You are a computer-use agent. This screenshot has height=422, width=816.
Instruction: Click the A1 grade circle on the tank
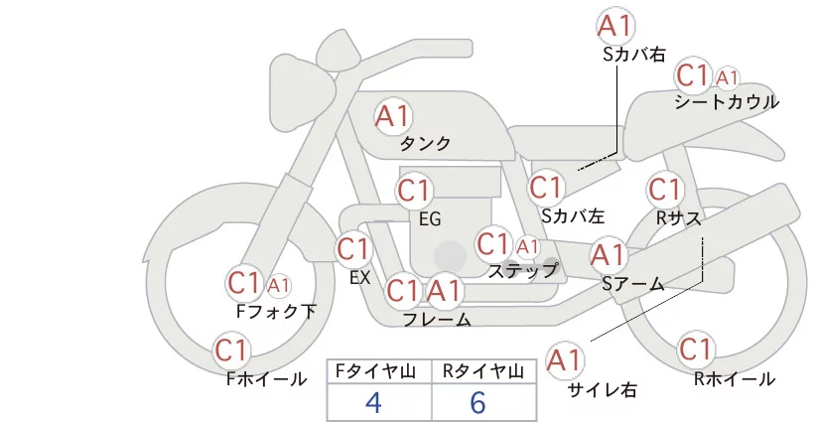pyautogui.click(x=393, y=116)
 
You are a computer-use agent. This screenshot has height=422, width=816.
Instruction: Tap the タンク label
pyautogui.click(x=425, y=144)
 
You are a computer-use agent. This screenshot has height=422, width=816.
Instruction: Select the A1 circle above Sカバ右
pyautogui.click(x=615, y=26)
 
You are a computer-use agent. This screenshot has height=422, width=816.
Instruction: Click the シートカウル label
pyautogui.click(x=726, y=102)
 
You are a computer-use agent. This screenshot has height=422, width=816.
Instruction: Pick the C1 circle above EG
pyautogui.click(x=415, y=191)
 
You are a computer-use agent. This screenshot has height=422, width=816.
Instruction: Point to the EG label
pyautogui.click(x=430, y=219)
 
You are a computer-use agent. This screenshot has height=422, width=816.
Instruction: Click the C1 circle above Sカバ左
pyautogui.click(x=546, y=187)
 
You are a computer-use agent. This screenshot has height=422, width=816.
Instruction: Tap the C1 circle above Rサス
pyautogui.click(x=664, y=189)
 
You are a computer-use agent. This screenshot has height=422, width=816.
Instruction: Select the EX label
pyautogui.click(x=360, y=278)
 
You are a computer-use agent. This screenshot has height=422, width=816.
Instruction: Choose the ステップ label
pyautogui.click(x=523, y=270)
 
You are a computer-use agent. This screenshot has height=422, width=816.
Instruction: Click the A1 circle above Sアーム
pyautogui.click(x=608, y=255)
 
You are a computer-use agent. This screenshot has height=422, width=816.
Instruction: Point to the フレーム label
pyautogui.click(x=437, y=320)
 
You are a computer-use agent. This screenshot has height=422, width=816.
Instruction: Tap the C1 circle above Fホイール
pyautogui.click(x=232, y=350)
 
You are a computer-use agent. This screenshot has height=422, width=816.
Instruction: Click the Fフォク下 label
pyautogui.click(x=276, y=312)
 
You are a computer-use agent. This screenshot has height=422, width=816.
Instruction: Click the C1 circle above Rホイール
pyautogui.click(x=696, y=350)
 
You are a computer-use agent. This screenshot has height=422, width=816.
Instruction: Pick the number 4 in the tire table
pyautogui.click(x=373, y=402)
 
